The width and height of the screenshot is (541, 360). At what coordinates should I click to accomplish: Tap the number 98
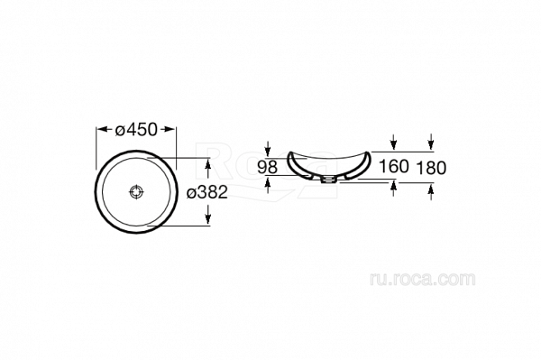pos(269,167)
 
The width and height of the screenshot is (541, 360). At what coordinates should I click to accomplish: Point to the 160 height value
pos(394,167)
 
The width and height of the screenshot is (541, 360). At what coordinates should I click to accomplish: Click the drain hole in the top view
pos(137,192)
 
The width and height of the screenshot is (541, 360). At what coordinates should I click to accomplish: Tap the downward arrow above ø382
pos(209,164)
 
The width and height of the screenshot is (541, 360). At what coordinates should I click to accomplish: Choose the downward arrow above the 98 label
pos(269,148)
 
